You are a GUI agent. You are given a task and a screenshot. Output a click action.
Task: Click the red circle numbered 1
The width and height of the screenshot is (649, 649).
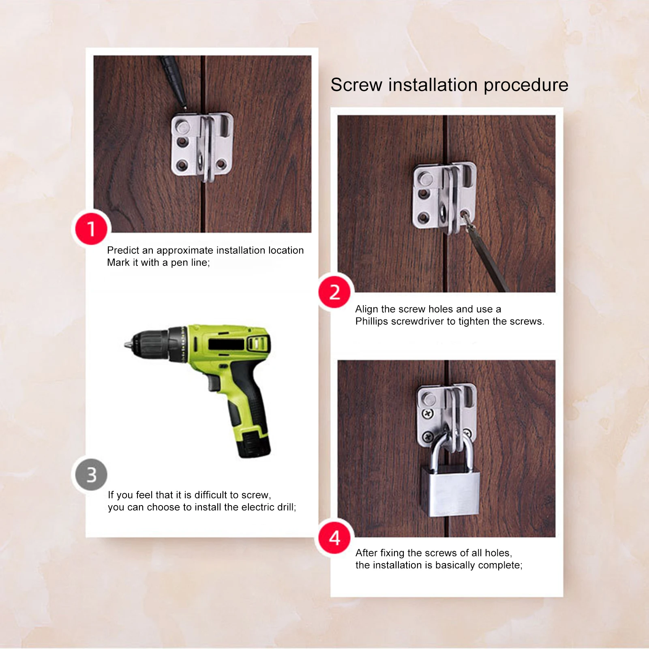click(91, 229)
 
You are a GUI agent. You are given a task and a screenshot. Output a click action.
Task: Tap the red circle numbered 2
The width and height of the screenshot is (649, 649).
click(334, 292)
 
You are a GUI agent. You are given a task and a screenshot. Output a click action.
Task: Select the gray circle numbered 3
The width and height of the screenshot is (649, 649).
click(91, 475)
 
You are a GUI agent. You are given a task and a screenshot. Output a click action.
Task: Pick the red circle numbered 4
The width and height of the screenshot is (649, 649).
click(334, 538)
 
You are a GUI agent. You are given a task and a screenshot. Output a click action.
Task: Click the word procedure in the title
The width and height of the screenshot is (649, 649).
click(526, 86)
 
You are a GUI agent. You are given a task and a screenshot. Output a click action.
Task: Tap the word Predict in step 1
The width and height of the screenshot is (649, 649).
click(123, 251)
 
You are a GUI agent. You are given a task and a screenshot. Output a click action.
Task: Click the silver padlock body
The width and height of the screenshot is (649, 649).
click(450, 493)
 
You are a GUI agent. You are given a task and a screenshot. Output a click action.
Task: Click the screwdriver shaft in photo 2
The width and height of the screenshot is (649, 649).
click(488, 259)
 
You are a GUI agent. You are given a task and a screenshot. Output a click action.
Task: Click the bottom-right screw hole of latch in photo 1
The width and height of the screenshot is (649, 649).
click(221, 164)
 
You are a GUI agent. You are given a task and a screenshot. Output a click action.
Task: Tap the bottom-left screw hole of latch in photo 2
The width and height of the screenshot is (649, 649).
click(424, 218)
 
